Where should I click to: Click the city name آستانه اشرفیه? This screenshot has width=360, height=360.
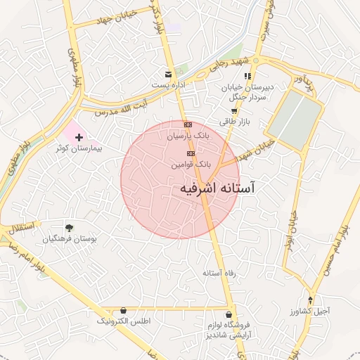pyautogui.click(x=218, y=188)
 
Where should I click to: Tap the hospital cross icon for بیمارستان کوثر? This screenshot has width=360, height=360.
pyautogui.click(x=79, y=137)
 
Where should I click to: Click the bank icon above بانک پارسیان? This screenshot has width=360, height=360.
pyautogui.click(x=187, y=124)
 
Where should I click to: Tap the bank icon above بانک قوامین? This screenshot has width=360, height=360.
pyautogui.click(x=191, y=153)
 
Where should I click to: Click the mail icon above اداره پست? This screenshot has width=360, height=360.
pyautogui.click(x=167, y=74)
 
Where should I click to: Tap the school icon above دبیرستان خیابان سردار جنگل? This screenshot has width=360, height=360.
pyautogui.click(x=247, y=76)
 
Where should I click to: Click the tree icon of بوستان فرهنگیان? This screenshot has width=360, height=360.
pyautogui.click(x=69, y=227)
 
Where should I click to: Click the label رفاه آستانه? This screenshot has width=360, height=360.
pyautogui.click(x=218, y=272)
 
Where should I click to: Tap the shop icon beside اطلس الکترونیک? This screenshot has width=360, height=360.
pyautogui.click(x=124, y=310)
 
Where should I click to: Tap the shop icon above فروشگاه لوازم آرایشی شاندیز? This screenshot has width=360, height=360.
pyautogui.click(x=229, y=314)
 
